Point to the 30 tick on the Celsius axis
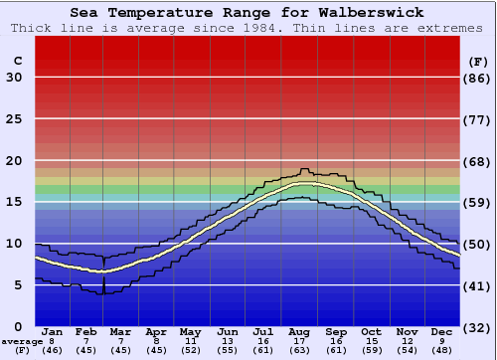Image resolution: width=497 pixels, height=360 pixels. [x=14, y=78]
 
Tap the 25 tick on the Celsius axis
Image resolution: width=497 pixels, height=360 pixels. [x=14, y=119]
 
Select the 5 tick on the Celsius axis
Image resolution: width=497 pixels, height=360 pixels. [x=18, y=285]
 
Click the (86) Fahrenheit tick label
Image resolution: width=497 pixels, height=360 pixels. [x=478, y=78]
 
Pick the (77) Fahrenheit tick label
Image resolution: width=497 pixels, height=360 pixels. [x=478, y=119]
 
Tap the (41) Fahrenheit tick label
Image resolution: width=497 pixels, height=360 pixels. [x=478, y=285]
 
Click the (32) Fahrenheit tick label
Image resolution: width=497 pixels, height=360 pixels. [x=478, y=326]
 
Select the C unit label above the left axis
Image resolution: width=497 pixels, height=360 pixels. [x=17, y=61]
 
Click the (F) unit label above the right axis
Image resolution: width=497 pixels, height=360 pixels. [x=478, y=61]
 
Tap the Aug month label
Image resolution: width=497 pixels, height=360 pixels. [x=300, y=331]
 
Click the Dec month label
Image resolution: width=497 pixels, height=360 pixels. [x=442, y=331]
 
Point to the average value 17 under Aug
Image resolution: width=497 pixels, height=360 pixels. [x=300, y=340]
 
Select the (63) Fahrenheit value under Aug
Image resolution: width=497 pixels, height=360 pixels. [x=300, y=349]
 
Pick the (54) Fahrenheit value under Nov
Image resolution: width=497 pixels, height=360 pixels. [x=408, y=349]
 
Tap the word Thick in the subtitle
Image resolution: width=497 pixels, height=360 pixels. [x=32, y=28]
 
